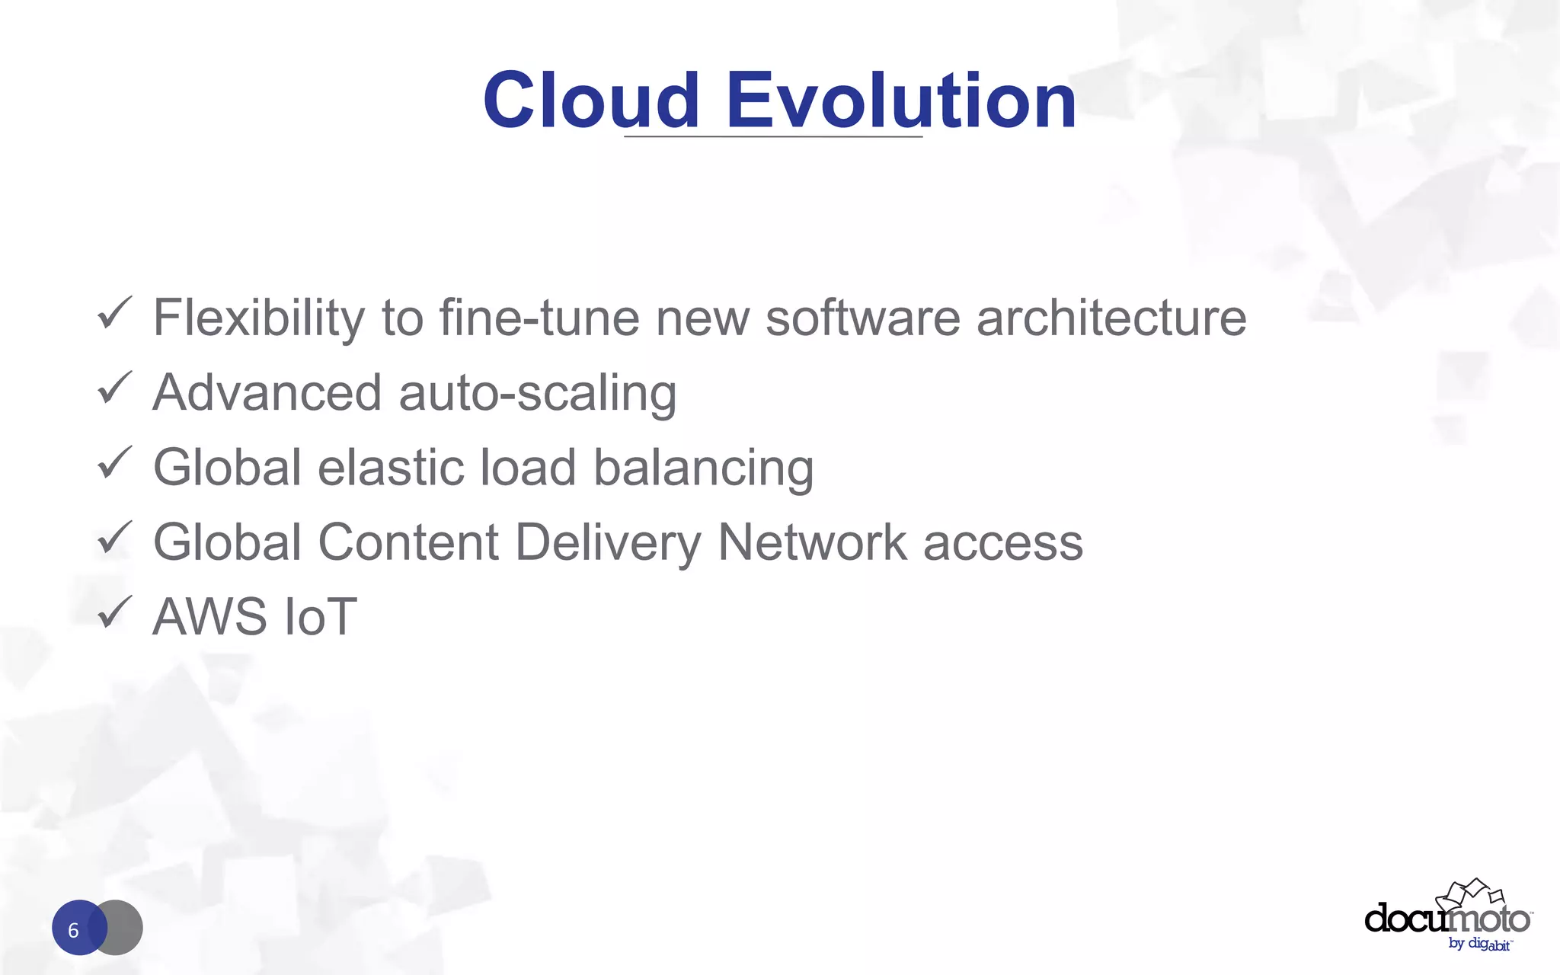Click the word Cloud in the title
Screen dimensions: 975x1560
pos(590,101)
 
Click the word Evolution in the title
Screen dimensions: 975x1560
pos(901,101)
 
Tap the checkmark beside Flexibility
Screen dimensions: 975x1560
pos(115,314)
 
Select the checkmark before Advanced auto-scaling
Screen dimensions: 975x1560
pos(115,388)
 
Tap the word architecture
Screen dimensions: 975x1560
pos(1111,318)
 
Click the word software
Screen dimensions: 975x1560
pos(862,318)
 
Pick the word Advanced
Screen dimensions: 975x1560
pos(267,393)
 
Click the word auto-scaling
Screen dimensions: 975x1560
pos(537,393)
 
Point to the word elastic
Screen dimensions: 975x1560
pos(390,467)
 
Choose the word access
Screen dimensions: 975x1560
pos(1003,542)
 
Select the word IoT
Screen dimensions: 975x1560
pos(319,616)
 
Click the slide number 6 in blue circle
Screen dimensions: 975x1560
pos(75,929)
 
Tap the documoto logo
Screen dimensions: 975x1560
pos(1447,917)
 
